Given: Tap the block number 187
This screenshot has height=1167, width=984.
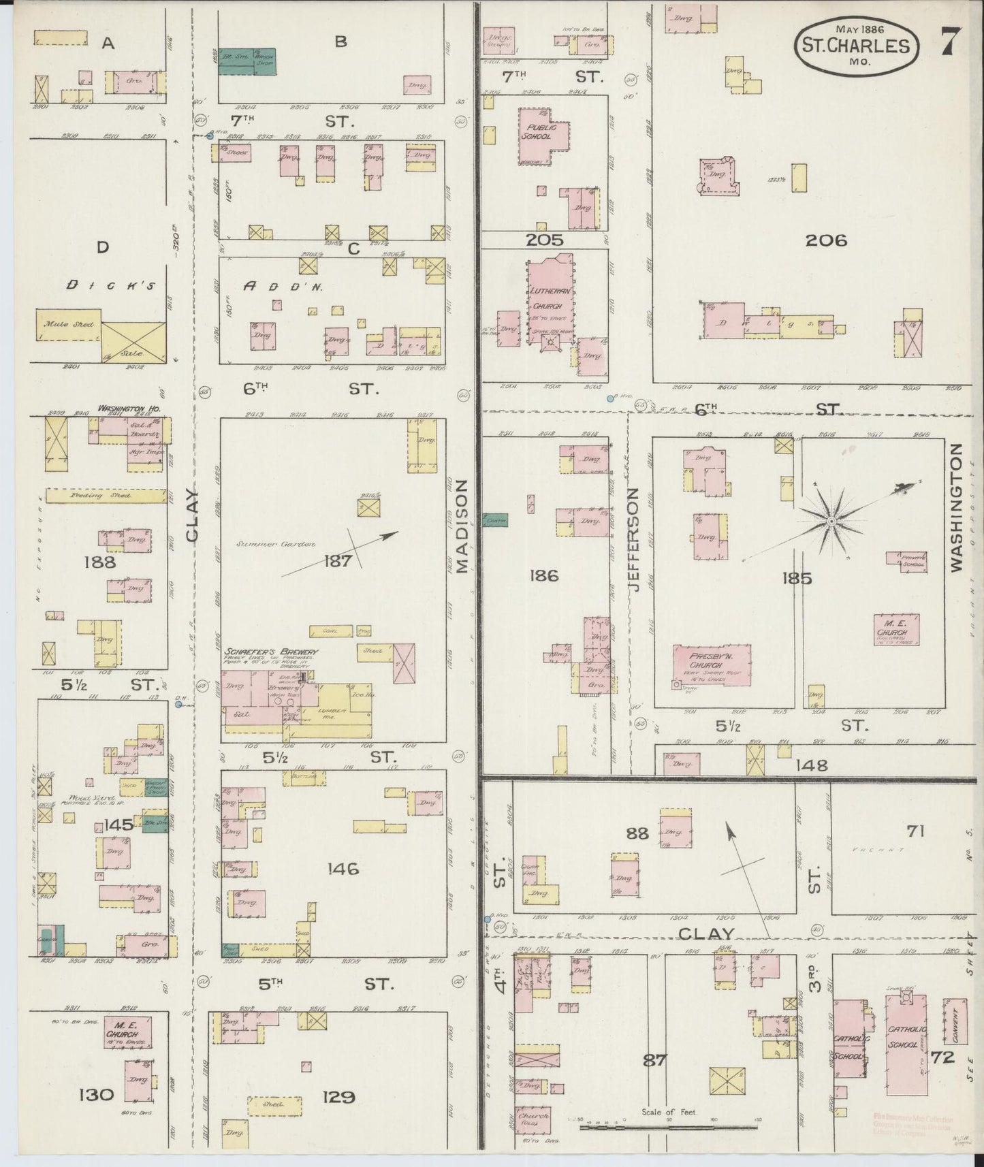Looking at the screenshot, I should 338,561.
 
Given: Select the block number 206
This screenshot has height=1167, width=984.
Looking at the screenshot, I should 825,240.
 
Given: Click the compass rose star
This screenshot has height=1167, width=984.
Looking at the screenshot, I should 831,522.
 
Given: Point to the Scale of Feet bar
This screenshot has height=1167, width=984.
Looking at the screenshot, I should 669,1128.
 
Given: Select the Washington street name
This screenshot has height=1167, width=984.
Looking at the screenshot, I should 957,507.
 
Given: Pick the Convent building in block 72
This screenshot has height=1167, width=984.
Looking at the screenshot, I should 955,1021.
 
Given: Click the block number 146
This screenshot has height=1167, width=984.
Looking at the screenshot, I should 342,869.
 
